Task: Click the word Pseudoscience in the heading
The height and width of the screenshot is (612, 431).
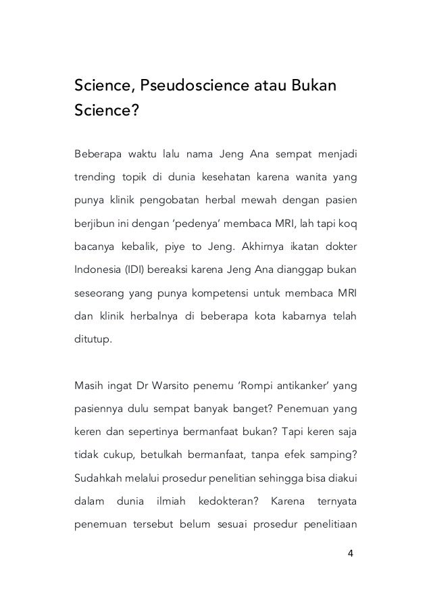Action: point(174,86)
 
